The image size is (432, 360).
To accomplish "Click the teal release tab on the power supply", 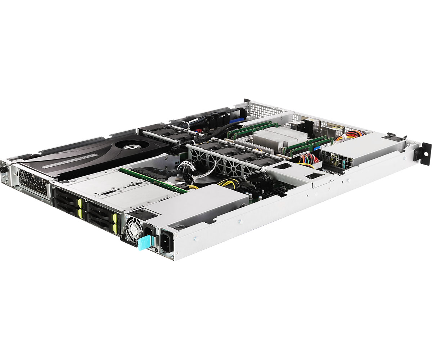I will (143, 242).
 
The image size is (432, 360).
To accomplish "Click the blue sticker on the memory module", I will (316, 148).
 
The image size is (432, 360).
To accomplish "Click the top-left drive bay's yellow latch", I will (80, 203).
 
